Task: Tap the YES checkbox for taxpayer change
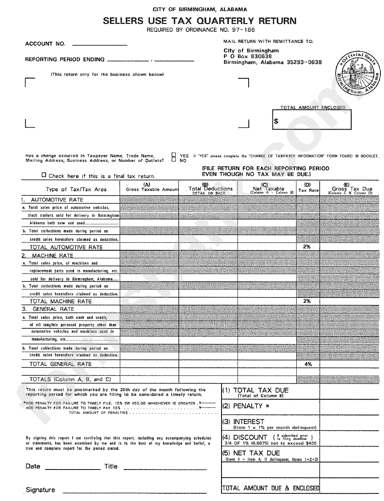pos(174,155)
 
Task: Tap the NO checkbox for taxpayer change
pos(174,160)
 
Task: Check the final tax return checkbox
pos(44,175)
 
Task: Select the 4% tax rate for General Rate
pos(308,364)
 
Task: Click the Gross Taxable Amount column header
pos(150,189)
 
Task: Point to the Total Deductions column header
pos(208,189)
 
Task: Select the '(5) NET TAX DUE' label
pos(251,453)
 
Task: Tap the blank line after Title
pos(165,468)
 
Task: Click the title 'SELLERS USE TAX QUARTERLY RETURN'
pos(200,21)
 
